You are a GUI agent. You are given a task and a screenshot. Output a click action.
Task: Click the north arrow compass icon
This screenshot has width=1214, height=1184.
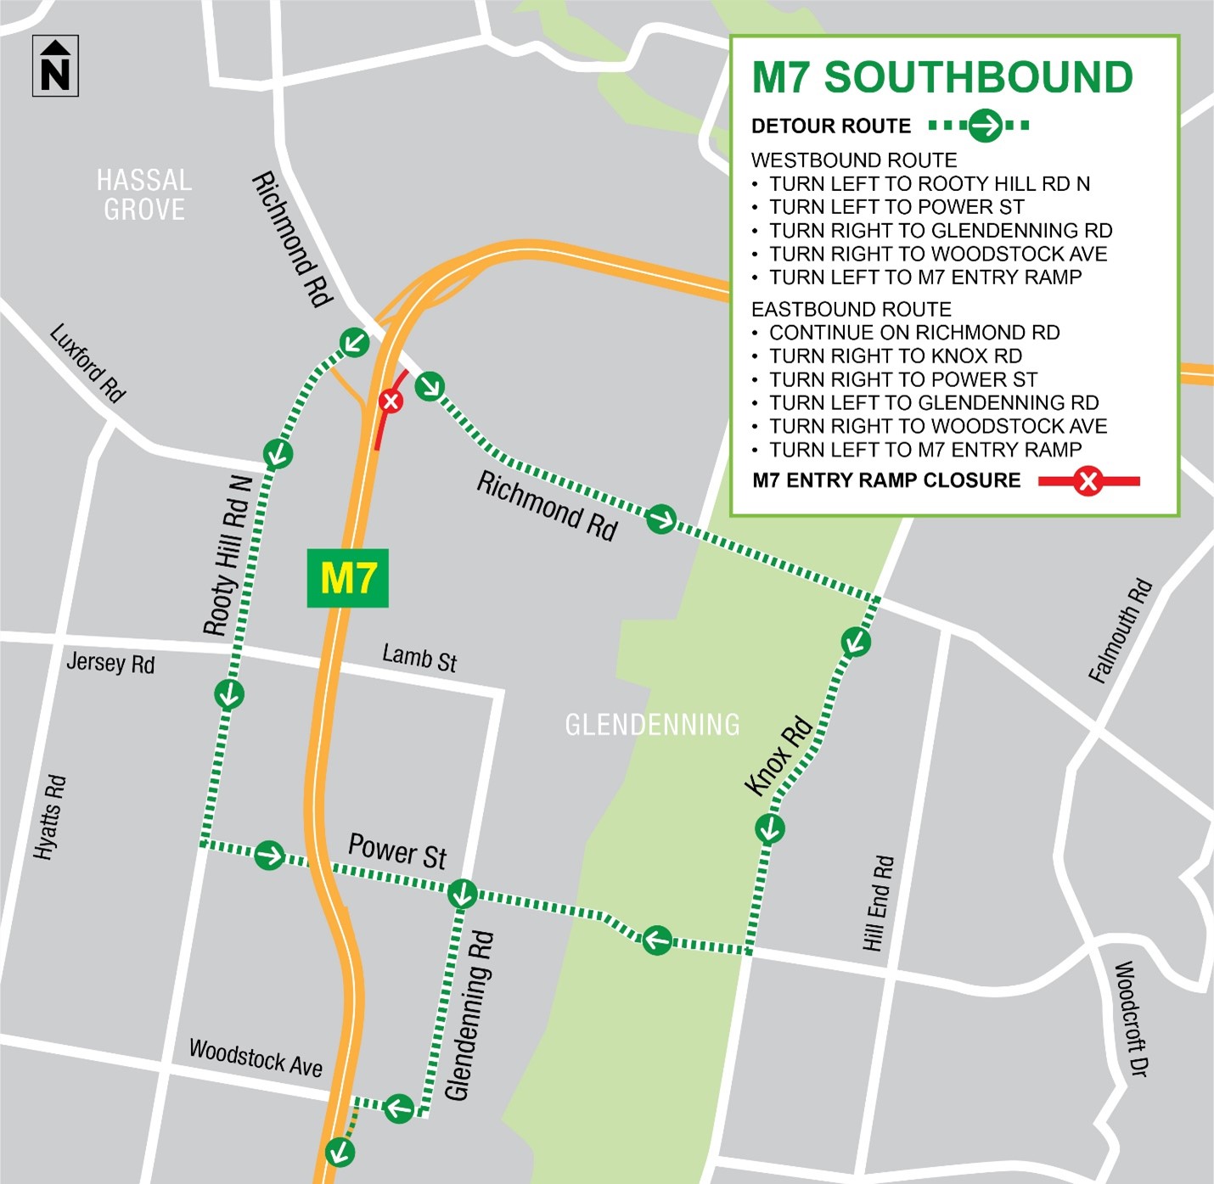pos(55,66)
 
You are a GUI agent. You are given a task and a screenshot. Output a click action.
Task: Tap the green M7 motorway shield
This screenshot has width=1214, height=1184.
pos(347,578)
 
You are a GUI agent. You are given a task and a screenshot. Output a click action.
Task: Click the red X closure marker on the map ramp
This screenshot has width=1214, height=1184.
pos(391,401)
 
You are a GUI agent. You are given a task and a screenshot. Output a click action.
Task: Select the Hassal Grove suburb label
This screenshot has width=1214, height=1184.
pos(144,194)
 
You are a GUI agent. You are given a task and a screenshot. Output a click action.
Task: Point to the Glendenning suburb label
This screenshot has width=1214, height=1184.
pos(652,724)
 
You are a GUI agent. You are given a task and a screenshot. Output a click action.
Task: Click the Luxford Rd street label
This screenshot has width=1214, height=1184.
pos(87,362)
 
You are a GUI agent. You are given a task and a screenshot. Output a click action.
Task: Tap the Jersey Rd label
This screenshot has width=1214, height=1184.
pos(110,663)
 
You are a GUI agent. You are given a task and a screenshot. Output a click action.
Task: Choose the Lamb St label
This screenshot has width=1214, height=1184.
pos(419,658)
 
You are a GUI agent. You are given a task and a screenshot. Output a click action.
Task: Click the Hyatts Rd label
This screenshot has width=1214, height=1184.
pos(50,816)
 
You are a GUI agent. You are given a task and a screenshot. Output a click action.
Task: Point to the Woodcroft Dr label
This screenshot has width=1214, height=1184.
pos(1131,1018)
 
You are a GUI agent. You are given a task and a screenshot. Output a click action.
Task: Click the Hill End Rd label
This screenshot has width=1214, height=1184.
pos(879,903)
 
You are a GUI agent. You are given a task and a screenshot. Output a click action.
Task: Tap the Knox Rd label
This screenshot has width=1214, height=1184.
pos(778,756)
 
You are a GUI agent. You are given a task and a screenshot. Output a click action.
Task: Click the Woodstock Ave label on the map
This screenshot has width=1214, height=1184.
pos(256,1058)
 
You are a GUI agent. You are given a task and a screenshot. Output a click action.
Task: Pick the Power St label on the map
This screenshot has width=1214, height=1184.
pos(397,851)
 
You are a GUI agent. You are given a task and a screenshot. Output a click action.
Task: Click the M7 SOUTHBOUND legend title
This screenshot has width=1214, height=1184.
pos(942,78)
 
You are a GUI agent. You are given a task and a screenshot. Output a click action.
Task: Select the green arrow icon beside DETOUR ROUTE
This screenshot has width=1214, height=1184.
pos(985,126)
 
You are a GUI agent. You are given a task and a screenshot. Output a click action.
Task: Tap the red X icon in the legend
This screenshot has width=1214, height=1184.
pos(1088,481)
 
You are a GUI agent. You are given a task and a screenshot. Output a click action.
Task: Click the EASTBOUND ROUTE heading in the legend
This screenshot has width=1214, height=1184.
pos(851,309)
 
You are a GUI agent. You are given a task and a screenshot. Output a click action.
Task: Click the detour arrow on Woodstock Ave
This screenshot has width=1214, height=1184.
pos(398,1108)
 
